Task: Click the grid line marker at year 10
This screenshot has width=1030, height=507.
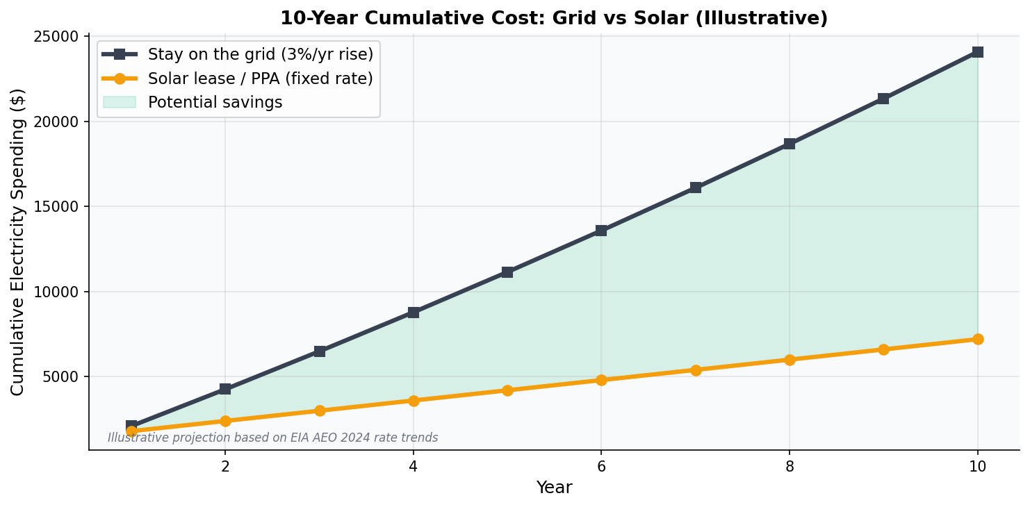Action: [977, 52]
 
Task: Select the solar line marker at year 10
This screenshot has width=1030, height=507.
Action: [977, 339]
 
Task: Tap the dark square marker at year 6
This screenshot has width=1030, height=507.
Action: [601, 231]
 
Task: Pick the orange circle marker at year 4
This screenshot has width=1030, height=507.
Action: [414, 401]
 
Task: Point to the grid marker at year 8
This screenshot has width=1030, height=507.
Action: [790, 144]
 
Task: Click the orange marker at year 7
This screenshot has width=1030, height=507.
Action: [696, 370]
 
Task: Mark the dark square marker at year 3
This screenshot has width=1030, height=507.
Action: [320, 351]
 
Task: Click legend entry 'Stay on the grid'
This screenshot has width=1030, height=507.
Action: [260, 55]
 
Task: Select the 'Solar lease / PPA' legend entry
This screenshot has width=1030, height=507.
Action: [260, 78]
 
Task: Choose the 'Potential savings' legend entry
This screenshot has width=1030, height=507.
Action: [215, 103]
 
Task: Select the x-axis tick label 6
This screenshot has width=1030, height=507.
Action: [601, 467]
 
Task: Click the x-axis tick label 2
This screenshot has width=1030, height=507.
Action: [225, 467]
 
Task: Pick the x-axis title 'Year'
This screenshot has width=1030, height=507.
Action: [554, 488]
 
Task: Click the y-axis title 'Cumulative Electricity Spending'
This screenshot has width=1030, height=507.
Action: [18, 242]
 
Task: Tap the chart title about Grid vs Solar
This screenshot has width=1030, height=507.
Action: [554, 19]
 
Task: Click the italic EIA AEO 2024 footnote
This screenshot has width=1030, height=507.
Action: [272, 438]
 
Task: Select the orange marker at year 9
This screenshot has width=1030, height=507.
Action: [883, 349]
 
